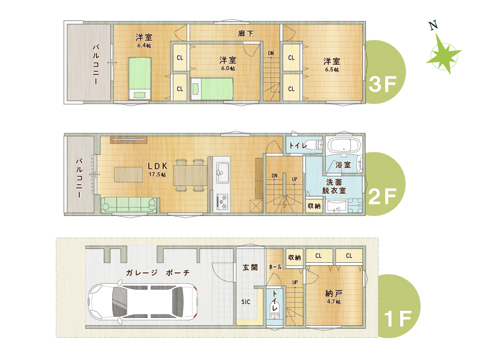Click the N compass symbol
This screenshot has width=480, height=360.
point(443,52)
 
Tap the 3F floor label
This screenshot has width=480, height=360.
point(383,84)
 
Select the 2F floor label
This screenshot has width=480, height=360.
point(383,196)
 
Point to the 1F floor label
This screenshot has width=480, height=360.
point(398,319)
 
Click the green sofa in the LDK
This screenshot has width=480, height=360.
point(129,205)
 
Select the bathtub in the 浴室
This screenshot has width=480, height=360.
point(344,145)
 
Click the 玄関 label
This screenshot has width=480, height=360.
point(250,267)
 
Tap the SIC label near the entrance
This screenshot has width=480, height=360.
point(245,302)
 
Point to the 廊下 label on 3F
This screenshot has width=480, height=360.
point(245,33)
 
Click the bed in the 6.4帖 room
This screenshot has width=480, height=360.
point(140,78)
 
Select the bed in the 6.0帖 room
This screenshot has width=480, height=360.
point(212,89)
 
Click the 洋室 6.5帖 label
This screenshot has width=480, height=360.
point(332,65)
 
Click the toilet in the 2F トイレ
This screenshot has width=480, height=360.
point(313,144)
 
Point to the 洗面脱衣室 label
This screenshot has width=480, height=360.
point(334,187)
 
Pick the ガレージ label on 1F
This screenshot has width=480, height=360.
point(142,272)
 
